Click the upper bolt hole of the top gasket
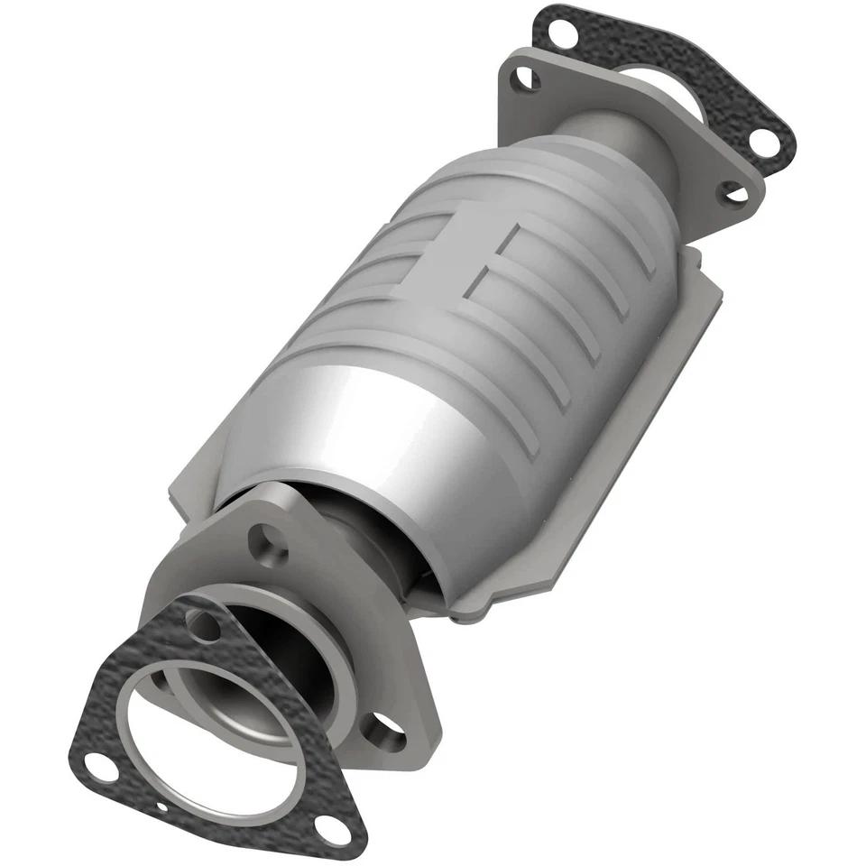tap(557, 30)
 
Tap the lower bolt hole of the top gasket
tap(761, 141)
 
